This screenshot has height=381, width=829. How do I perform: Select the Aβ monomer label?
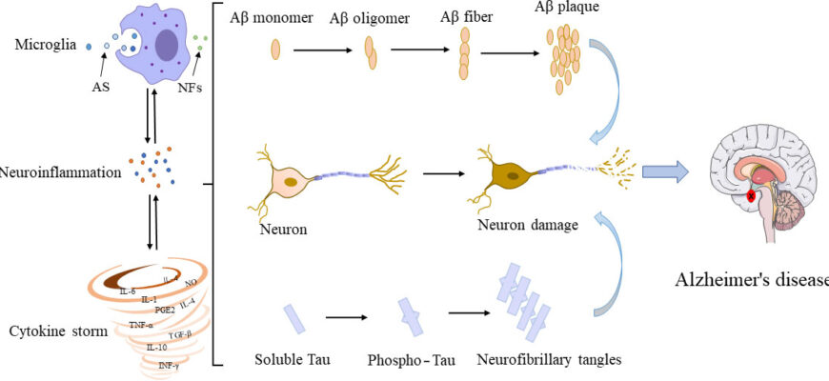pos(271,19)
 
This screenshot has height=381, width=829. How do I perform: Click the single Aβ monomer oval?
pos(276,49)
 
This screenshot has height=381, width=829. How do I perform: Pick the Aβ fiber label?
pos(466,17)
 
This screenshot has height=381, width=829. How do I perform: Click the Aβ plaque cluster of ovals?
pos(562,59)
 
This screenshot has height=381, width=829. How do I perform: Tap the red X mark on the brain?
pos(752,197)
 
